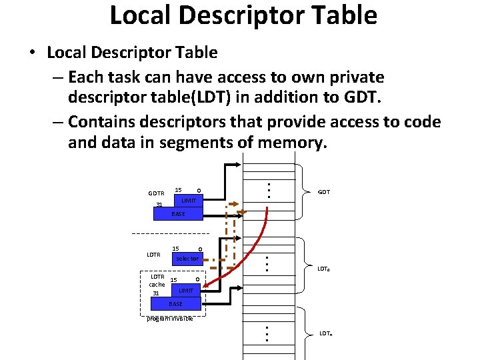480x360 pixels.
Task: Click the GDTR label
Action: (x=156, y=193)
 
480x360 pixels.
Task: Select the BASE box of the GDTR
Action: (x=178, y=213)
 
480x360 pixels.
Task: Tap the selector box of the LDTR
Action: (x=187, y=258)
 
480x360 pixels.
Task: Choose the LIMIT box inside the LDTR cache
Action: (x=186, y=291)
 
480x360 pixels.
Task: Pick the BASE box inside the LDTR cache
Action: (x=175, y=304)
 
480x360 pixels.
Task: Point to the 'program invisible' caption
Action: (x=170, y=319)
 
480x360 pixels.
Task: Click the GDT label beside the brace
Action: (x=324, y=192)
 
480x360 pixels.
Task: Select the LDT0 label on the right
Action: (x=324, y=269)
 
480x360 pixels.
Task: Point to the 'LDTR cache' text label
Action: (x=157, y=281)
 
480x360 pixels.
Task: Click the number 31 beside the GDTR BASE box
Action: (x=159, y=205)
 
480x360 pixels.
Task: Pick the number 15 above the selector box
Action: (x=176, y=248)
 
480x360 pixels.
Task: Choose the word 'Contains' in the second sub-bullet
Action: (x=101, y=121)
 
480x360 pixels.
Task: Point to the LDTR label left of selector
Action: (x=154, y=255)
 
